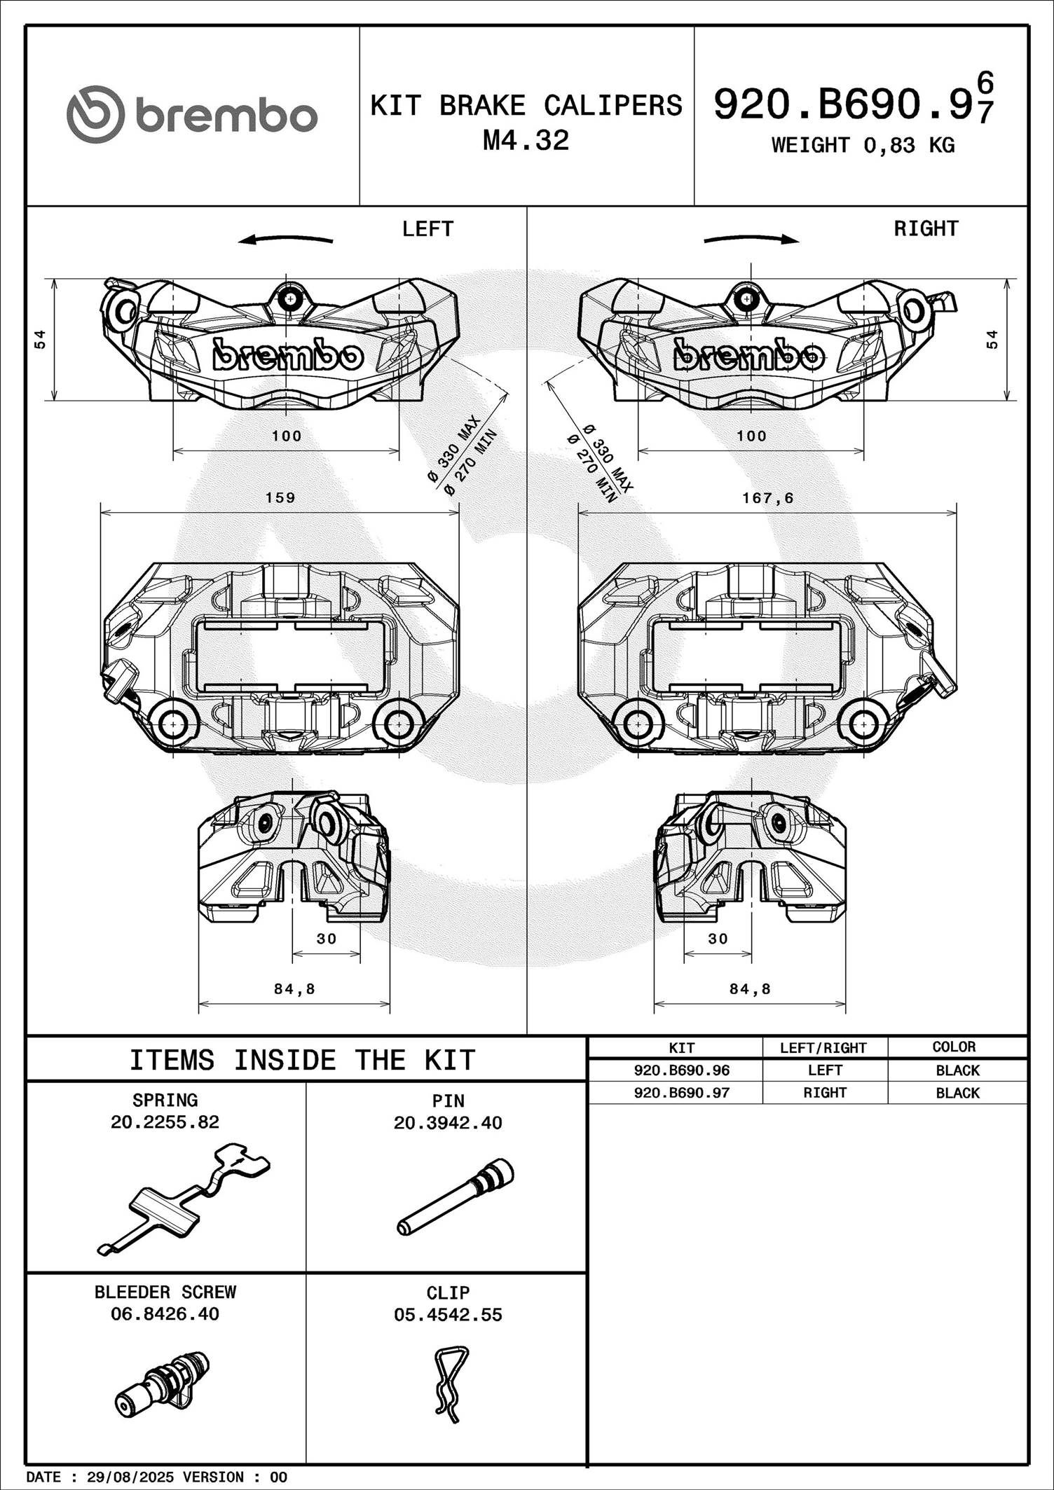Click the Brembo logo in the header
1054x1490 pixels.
tap(192, 115)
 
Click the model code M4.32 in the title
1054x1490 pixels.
tap(526, 141)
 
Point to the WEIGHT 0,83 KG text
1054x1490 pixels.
tap(863, 146)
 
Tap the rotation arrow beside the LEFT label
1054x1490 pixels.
tap(285, 240)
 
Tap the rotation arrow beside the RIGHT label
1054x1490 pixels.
tap(751, 240)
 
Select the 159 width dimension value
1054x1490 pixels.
tap(280, 498)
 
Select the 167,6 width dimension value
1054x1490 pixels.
tap(768, 498)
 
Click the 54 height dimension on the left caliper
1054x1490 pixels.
tap(41, 339)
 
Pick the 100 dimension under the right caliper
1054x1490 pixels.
tap(751, 436)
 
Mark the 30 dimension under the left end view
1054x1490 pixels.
tap(327, 939)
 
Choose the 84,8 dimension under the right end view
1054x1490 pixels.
tap(750, 989)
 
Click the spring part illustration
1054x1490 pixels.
tap(184, 1198)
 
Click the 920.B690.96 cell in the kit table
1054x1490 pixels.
tap(681, 1070)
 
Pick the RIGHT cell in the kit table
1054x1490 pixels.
tap(825, 1093)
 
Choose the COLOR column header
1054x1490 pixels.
tap(954, 1047)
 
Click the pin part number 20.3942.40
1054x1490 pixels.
tap(448, 1123)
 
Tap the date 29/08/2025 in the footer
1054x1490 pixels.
tap(130, 1477)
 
